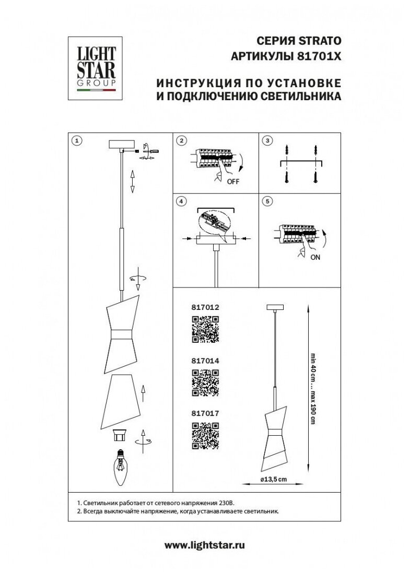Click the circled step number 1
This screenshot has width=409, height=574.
pos(77,140)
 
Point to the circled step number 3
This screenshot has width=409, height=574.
pos(267,140)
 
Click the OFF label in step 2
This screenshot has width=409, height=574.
pos(233,182)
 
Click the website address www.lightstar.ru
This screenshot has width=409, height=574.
pos(205,545)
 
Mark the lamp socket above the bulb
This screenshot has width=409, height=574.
pos(121,434)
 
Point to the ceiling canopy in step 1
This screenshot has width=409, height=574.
pos(122,144)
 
